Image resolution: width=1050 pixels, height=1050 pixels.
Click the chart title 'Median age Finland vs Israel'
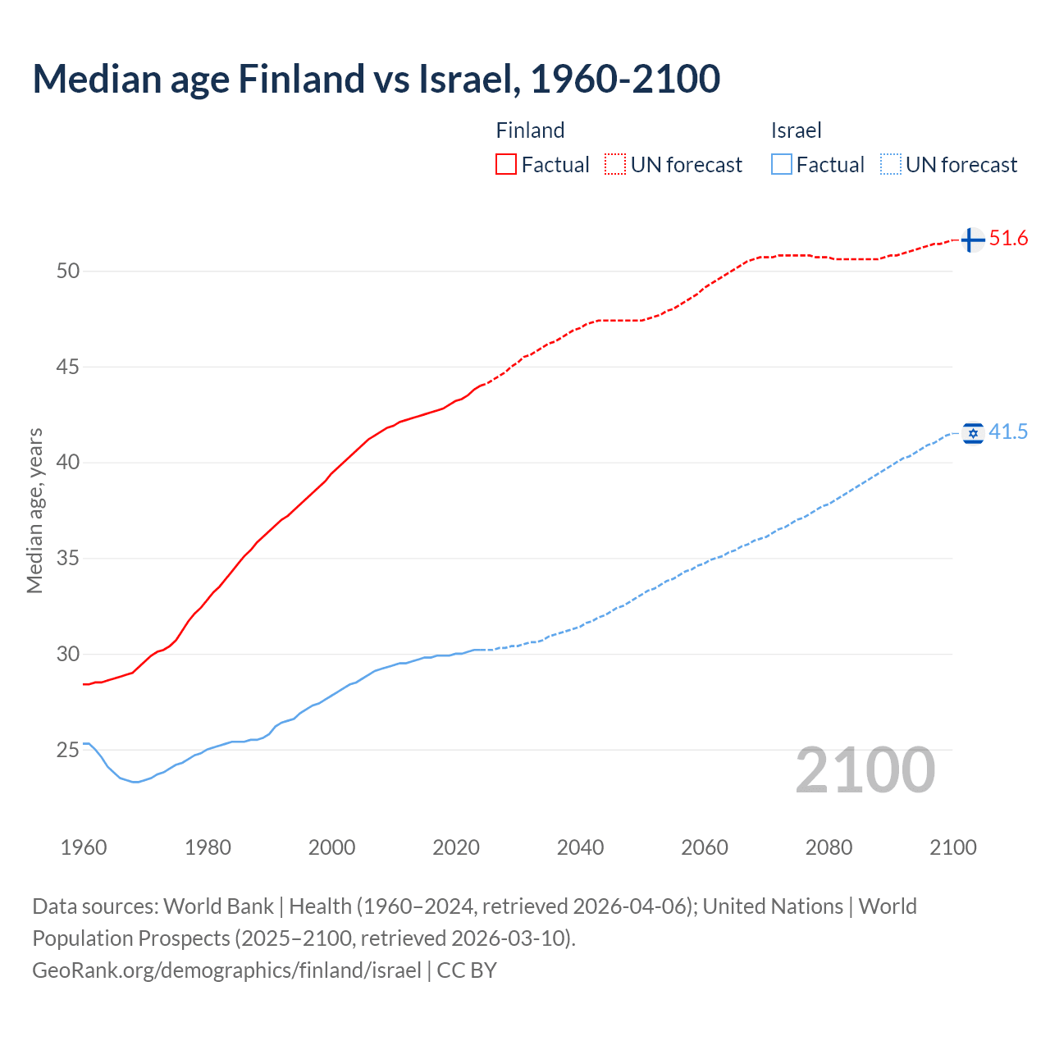click(376, 80)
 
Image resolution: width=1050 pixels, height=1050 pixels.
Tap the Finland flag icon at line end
click(972, 240)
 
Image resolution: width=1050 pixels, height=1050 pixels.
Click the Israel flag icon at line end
click(973, 433)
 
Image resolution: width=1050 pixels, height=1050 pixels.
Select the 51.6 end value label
click(1008, 239)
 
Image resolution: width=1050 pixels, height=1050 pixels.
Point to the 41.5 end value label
click(1008, 432)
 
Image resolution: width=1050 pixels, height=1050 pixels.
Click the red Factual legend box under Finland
click(506, 165)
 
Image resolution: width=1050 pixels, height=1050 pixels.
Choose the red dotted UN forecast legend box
click(615, 165)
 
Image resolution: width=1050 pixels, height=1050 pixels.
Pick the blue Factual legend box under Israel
click(782, 165)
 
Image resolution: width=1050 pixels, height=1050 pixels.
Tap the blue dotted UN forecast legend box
click(891, 165)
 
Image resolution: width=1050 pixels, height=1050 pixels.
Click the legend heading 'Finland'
click(530, 130)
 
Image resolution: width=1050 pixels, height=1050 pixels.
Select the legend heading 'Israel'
click(796, 130)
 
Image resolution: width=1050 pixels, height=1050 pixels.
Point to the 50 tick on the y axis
click(68, 271)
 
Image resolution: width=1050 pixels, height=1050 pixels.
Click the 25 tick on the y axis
click(68, 750)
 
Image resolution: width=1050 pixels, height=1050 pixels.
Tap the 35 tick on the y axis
click(68, 559)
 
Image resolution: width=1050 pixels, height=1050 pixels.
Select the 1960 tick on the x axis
click(84, 847)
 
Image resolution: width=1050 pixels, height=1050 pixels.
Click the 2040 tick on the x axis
click(580, 847)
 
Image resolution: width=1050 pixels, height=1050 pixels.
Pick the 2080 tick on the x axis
click(829, 847)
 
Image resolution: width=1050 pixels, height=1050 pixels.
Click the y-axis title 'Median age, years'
click(34, 510)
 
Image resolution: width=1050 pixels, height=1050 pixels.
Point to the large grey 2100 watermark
click(865, 770)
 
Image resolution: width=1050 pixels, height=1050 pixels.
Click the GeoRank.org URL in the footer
click(226, 970)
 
